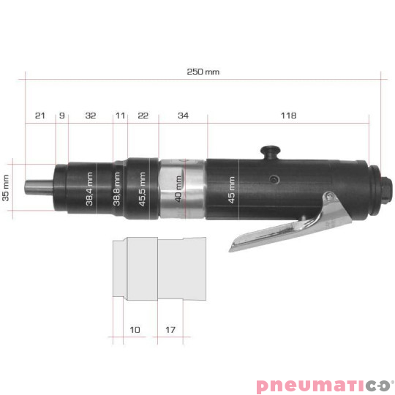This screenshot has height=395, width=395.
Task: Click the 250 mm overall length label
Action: point(203,72)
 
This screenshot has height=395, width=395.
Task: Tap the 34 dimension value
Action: point(182,116)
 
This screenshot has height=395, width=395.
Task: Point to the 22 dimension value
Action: point(143,116)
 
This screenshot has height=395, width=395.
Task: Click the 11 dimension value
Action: point(120,116)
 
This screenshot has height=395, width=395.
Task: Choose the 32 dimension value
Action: point(91,116)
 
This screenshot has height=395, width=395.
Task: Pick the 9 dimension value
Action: point(62,116)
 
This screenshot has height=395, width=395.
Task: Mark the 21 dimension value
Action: point(40,116)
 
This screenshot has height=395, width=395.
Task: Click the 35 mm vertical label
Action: point(6,187)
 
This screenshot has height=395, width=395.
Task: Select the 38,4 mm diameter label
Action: point(89,189)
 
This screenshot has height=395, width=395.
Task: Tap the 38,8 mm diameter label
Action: point(117,189)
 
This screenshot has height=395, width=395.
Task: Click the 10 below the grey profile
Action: point(134,330)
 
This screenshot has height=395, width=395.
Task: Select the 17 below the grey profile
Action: point(170,330)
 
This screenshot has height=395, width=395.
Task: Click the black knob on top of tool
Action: point(270,152)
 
